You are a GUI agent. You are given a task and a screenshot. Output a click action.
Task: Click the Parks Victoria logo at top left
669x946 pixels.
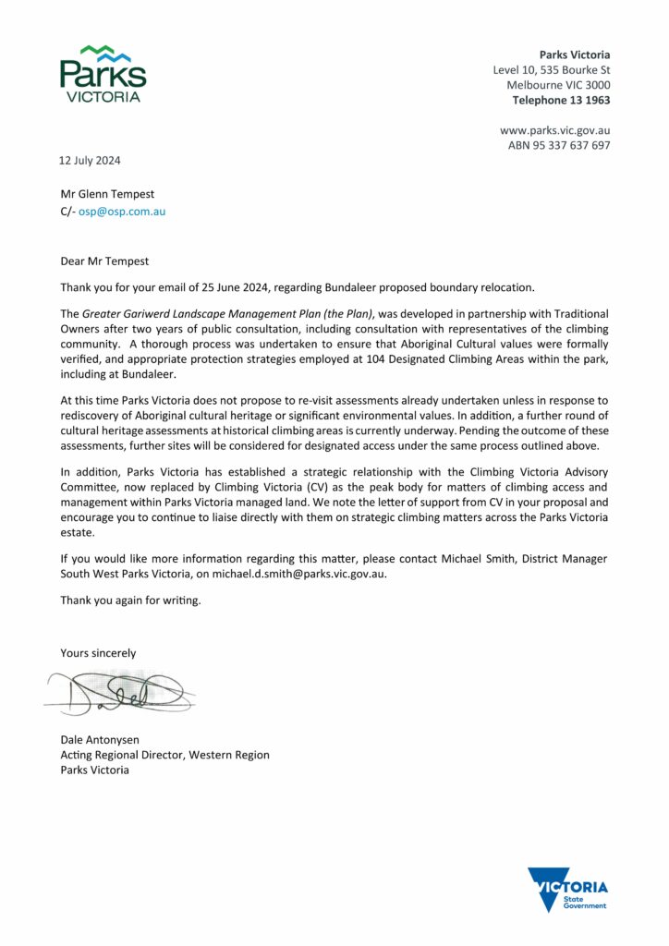[103, 73]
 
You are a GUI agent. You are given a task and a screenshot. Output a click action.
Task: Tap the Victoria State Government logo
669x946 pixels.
[567, 890]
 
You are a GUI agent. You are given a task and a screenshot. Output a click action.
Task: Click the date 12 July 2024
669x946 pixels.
[90, 160]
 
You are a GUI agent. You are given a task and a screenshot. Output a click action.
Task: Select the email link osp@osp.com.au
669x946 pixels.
[122, 211]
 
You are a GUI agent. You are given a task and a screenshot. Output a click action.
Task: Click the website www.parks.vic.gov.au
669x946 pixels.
[554, 130]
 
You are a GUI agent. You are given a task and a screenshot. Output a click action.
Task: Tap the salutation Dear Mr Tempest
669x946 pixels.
[104, 261]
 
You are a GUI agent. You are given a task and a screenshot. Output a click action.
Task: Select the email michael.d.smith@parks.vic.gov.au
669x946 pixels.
[298, 574]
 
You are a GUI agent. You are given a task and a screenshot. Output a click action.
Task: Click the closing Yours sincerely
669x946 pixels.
[98, 653]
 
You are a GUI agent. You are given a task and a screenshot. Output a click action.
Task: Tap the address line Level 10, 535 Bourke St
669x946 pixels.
[551, 70]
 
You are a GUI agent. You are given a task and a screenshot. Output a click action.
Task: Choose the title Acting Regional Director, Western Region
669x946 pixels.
[164, 755]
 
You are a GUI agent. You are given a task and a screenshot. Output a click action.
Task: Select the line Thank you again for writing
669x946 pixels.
[130, 600]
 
